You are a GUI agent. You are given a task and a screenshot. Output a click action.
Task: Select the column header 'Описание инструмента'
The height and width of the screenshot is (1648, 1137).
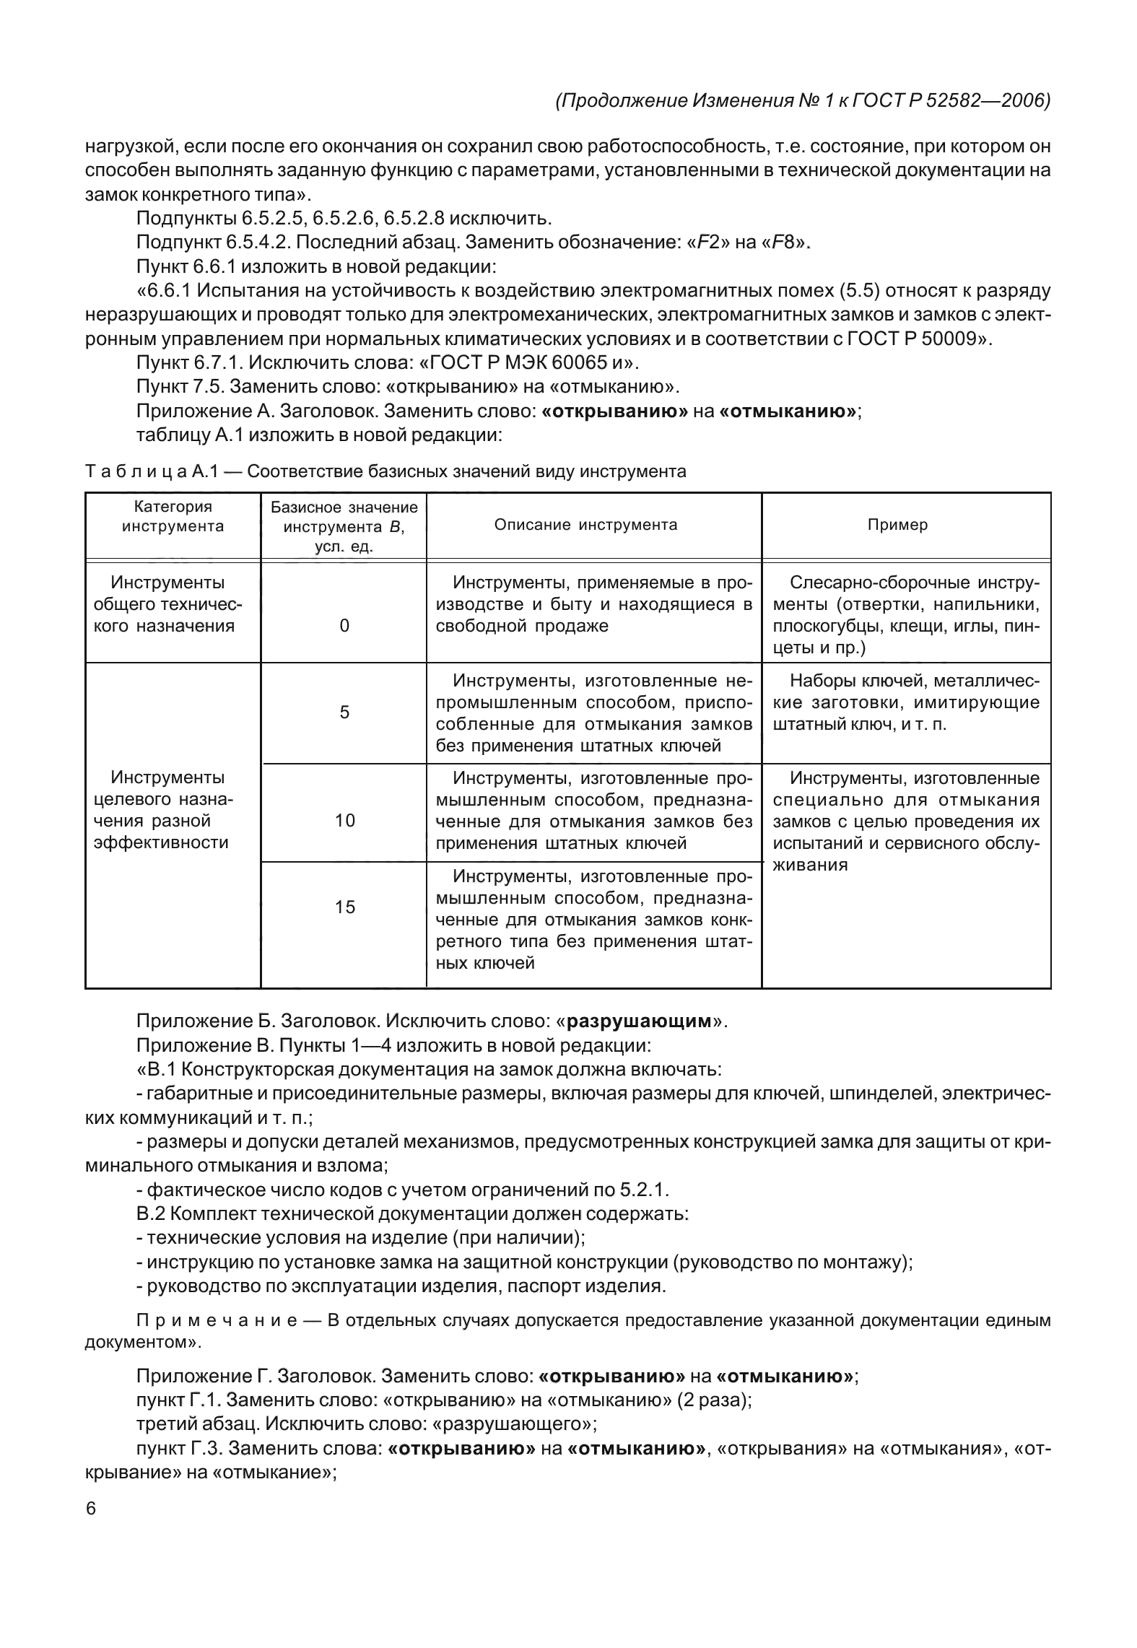[585, 526]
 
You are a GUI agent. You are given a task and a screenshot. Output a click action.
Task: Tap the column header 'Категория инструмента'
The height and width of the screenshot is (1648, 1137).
[173, 516]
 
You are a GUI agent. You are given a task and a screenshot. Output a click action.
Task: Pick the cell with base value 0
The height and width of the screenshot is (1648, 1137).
[344, 626]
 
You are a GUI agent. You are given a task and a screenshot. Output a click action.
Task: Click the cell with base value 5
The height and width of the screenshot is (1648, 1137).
[344, 712]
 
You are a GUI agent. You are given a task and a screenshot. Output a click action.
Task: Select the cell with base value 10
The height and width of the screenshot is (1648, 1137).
[345, 820]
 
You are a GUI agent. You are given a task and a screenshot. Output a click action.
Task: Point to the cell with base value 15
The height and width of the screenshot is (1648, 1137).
[345, 907]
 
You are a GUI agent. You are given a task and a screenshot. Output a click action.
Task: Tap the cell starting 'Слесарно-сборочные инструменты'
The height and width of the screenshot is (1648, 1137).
[906, 615]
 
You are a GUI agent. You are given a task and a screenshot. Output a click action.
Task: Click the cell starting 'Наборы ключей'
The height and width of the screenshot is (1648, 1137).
[906, 702]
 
